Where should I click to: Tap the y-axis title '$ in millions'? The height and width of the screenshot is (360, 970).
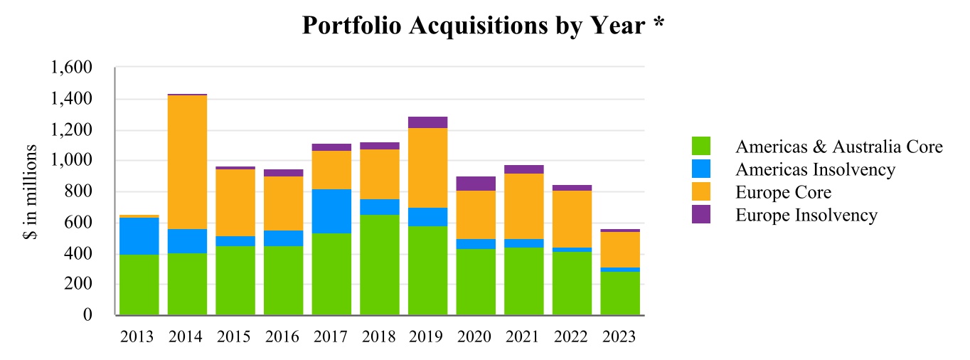[x=30, y=192]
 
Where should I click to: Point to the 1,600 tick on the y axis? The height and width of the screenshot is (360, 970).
[x=71, y=68]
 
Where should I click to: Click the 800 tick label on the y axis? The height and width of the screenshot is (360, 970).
[x=78, y=191]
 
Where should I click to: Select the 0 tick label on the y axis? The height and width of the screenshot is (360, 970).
[x=87, y=314]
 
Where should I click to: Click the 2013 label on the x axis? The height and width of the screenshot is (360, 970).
[x=137, y=337]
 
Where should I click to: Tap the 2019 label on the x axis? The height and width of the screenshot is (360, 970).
[x=426, y=337]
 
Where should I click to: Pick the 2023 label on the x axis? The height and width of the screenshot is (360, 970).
[x=619, y=337]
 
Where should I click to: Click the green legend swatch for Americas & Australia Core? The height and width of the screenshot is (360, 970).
[x=701, y=146]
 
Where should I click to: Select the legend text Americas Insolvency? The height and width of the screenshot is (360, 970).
[x=816, y=169]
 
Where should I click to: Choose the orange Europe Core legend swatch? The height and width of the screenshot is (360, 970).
[x=701, y=191]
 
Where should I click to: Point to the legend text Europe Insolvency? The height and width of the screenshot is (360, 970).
[x=806, y=216]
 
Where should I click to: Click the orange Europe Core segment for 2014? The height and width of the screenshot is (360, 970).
[x=188, y=162]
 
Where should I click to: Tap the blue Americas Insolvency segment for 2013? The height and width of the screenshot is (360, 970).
[x=139, y=236]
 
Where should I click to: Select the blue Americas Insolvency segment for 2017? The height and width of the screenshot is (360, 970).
[x=331, y=211]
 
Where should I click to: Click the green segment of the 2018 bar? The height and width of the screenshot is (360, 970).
[x=380, y=265]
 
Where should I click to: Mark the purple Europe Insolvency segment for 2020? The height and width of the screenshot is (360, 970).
[x=476, y=184]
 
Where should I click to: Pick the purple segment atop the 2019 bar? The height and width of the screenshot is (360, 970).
[x=428, y=122]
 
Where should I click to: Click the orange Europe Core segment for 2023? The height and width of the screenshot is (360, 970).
[x=620, y=250]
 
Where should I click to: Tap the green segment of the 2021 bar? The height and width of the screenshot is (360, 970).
[x=524, y=281]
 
